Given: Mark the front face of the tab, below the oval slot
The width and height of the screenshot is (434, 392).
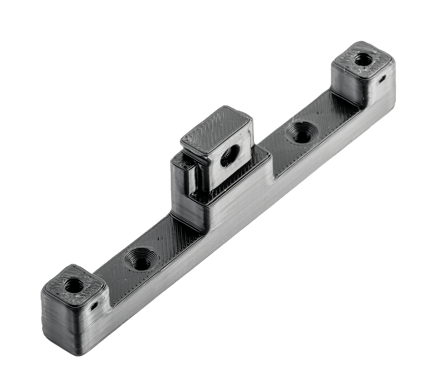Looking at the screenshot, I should [x=228, y=177].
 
